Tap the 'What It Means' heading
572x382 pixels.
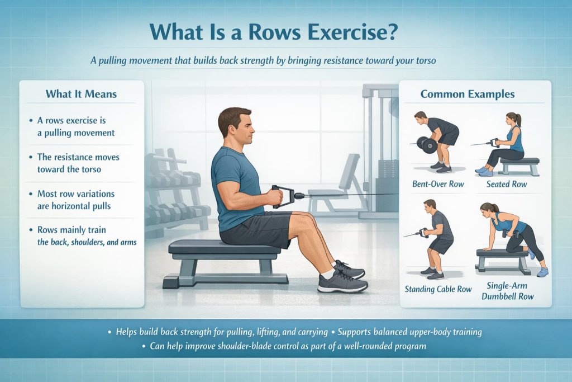point(82,93)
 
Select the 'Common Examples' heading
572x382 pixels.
point(468,94)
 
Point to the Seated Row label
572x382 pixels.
point(507,183)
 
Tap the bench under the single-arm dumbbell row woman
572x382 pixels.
point(502,257)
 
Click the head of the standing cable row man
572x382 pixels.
point(429,205)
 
